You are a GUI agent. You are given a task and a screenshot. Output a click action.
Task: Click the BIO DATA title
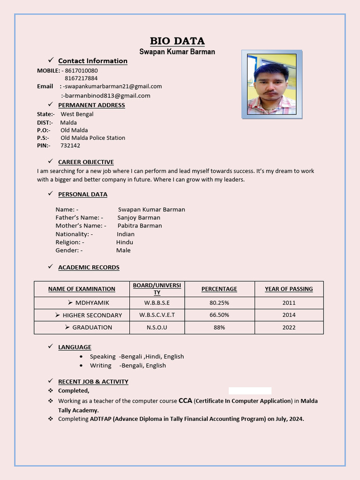(177, 41)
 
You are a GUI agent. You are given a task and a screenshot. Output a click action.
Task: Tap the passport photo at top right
(272, 84)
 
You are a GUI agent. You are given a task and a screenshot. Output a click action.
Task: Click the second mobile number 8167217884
(81, 78)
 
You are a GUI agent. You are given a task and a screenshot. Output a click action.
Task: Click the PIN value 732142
(70, 145)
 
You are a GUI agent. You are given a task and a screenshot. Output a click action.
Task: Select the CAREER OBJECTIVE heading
(86, 162)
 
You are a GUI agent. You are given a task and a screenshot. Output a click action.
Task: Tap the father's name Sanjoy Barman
(139, 217)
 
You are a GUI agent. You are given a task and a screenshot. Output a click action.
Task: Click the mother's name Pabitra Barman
(140, 225)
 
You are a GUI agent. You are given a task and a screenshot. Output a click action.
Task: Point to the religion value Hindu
(125, 242)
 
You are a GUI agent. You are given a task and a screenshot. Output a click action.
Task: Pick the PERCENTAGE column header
(219, 289)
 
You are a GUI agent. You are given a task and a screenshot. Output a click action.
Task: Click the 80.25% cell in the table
(219, 302)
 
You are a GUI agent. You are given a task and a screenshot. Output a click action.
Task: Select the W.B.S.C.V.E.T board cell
(157, 315)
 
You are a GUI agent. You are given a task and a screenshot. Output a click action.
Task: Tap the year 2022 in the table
(289, 327)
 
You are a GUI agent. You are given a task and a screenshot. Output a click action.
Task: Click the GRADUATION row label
(92, 327)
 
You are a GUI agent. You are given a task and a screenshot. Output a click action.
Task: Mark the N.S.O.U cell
(157, 327)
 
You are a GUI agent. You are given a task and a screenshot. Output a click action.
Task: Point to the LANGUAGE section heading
(75, 347)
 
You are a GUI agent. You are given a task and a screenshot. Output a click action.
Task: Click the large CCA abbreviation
(185, 401)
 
